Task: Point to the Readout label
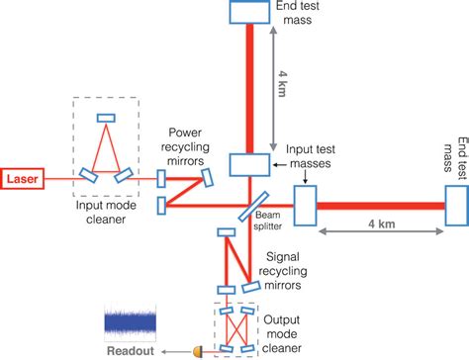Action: (131, 349)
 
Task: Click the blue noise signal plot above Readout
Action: (130, 322)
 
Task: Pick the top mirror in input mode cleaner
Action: (104, 120)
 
